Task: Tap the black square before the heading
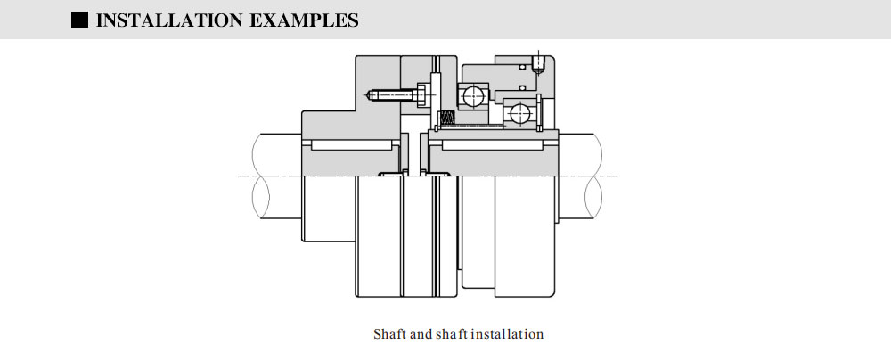click(x=79, y=19)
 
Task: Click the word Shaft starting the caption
click(x=389, y=334)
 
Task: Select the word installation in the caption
click(x=507, y=334)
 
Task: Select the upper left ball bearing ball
click(x=471, y=94)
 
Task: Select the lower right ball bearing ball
click(x=517, y=113)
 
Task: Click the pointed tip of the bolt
click(x=369, y=93)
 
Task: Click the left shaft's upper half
click(x=276, y=153)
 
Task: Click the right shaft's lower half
click(x=588, y=198)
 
